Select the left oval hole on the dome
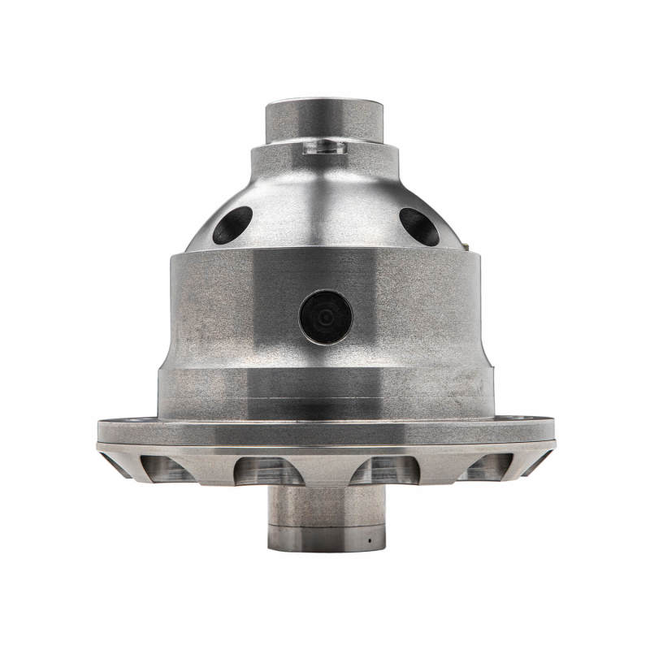point(232,225)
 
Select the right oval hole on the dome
point(419,225)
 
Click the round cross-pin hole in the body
point(325,318)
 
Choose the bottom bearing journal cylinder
point(325,512)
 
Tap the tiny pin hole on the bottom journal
point(368,539)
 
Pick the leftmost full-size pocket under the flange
point(167,468)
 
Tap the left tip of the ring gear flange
point(100,430)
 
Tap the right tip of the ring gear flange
point(552,430)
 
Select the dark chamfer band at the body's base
point(325,407)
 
